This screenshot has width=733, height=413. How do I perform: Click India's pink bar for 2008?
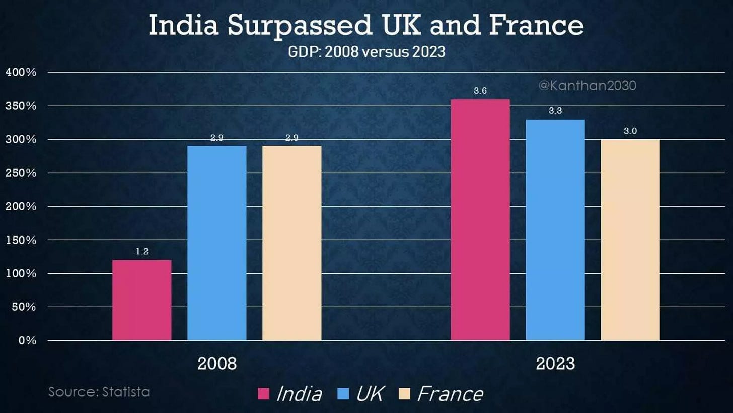pos(141,300)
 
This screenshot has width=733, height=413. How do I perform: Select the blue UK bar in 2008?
pos(216,243)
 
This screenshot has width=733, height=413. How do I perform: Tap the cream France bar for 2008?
pos(291,243)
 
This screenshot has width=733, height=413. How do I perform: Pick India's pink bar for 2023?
pos(480,220)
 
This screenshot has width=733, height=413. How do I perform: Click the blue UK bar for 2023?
pos(555,230)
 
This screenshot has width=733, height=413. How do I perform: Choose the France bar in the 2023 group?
pos(630,240)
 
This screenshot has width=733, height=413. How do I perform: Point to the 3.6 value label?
pos(480,91)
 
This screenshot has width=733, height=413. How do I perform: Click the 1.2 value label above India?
pos(142,251)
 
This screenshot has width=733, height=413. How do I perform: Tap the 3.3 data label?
pos(555,111)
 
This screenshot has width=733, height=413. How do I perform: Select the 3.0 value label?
pos(630,131)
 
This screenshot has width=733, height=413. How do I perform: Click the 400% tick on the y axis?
pos(21,72)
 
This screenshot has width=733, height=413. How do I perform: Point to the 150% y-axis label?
pos(21,240)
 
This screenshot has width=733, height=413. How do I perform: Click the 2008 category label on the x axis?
pos(216,364)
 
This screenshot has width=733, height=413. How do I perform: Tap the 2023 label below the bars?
pos(555,364)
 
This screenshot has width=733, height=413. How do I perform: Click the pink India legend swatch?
pos(264,393)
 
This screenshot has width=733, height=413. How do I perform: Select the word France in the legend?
pos(450,394)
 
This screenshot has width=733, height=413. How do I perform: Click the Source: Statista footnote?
pos(99,392)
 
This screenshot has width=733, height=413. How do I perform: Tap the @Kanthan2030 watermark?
pos(587,86)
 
